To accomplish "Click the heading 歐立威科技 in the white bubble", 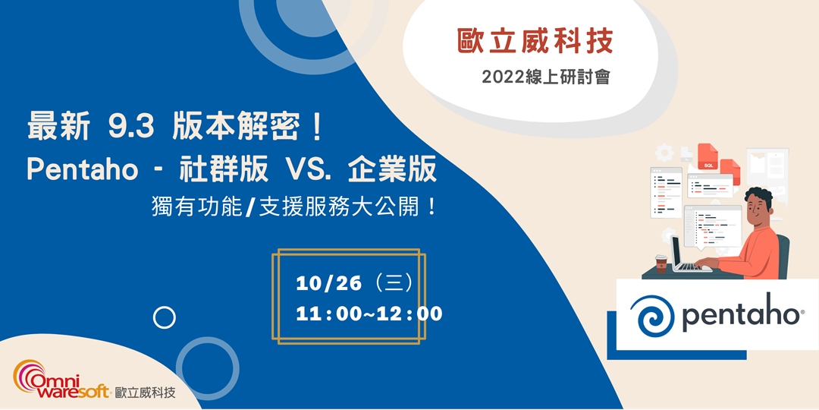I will [535, 42].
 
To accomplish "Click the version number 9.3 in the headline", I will [131, 128].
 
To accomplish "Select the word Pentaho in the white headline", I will [83, 169].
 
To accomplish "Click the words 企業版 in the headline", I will [392, 169].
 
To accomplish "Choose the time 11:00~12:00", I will [369, 313].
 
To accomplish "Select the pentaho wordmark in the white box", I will [741, 314].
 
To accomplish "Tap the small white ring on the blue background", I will [164, 317].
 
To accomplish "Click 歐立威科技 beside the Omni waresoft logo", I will [145, 393].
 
